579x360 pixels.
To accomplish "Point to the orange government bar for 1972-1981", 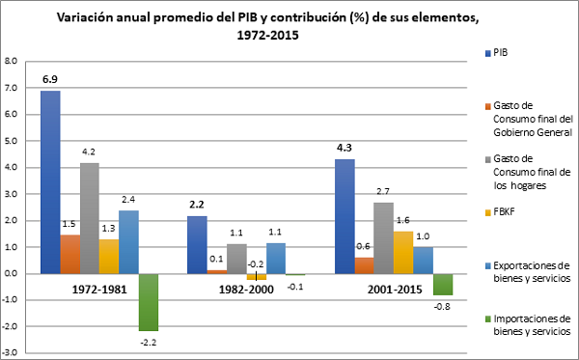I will point(70,254).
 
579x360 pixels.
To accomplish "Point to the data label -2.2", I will point(150,340).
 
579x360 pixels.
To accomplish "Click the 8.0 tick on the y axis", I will point(13,61).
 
